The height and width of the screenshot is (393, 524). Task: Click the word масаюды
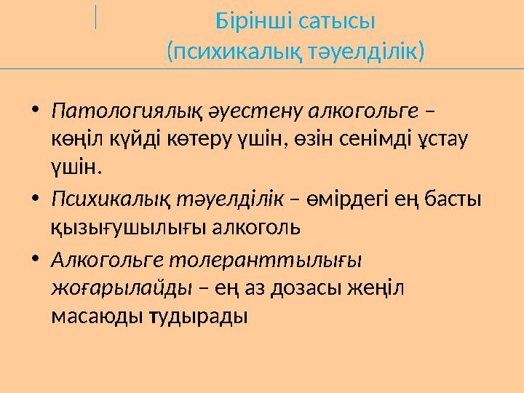coord(95,317)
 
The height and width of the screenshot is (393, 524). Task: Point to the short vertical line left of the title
coord(96,16)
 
